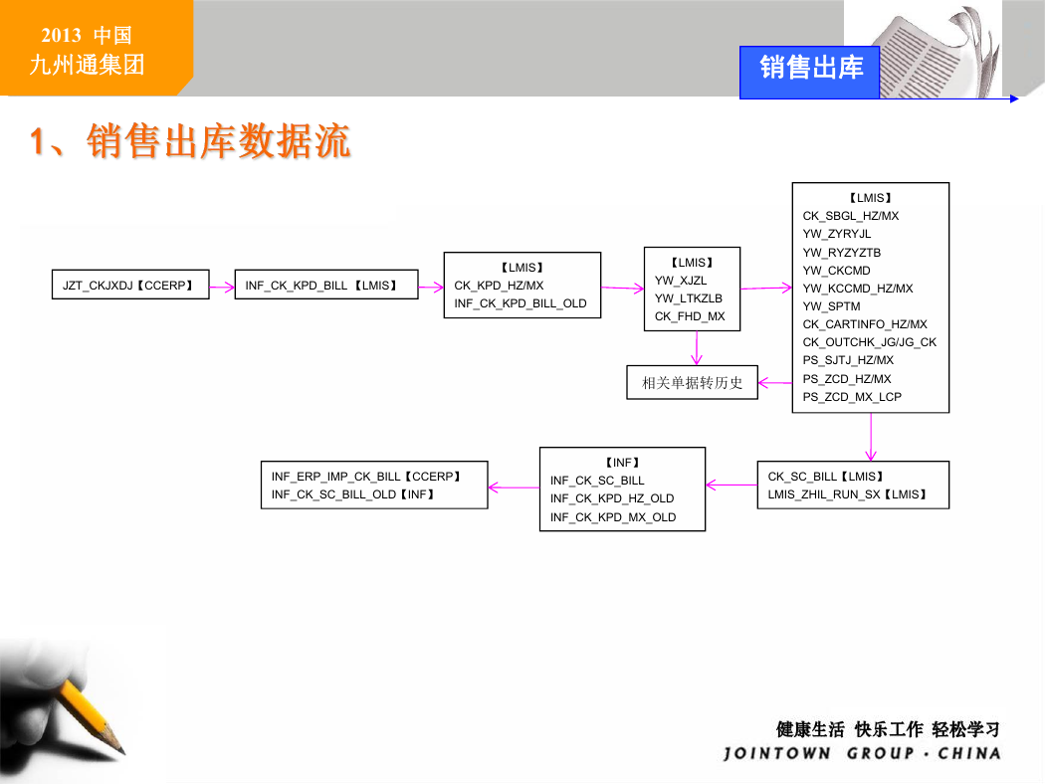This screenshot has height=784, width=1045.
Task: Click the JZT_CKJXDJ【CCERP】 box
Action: [x=130, y=285]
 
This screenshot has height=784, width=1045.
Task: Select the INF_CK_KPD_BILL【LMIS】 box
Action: [x=326, y=285]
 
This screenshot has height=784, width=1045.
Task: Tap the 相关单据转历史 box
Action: [x=692, y=382]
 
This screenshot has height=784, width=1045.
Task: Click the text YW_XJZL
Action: [x=681, y=281]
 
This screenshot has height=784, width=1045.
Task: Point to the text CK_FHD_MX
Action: [x=690, y=316]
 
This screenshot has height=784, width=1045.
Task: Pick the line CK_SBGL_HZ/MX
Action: [x=850, y=216]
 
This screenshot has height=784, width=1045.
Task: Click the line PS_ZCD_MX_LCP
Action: [x=852, y=397]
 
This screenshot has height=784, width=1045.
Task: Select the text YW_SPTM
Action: [x=831, y=306]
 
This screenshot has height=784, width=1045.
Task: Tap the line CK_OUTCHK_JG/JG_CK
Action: [x=869, y=342]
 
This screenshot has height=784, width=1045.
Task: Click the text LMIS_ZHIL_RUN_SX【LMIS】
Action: [x=847, y=494]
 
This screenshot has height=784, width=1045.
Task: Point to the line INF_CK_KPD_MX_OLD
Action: [x=613, y=517]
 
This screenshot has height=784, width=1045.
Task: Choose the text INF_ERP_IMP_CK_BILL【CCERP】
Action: [x=366, y=477]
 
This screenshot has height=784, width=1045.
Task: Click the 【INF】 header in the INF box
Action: [x=622, y=463]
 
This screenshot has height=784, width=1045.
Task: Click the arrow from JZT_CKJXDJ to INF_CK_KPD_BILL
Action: [x=222, y=288]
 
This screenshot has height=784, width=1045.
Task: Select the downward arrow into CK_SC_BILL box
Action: [x=871, y=437]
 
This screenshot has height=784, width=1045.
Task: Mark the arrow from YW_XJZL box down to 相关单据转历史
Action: [x=697, y=347]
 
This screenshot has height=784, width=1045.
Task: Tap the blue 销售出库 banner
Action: [x=810, y=72]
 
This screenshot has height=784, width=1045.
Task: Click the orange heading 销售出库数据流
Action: [x=218, y=141]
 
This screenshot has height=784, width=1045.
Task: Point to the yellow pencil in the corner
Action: [x=90, y=718]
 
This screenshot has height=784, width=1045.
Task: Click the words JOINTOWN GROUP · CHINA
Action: [x=862, y=753]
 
